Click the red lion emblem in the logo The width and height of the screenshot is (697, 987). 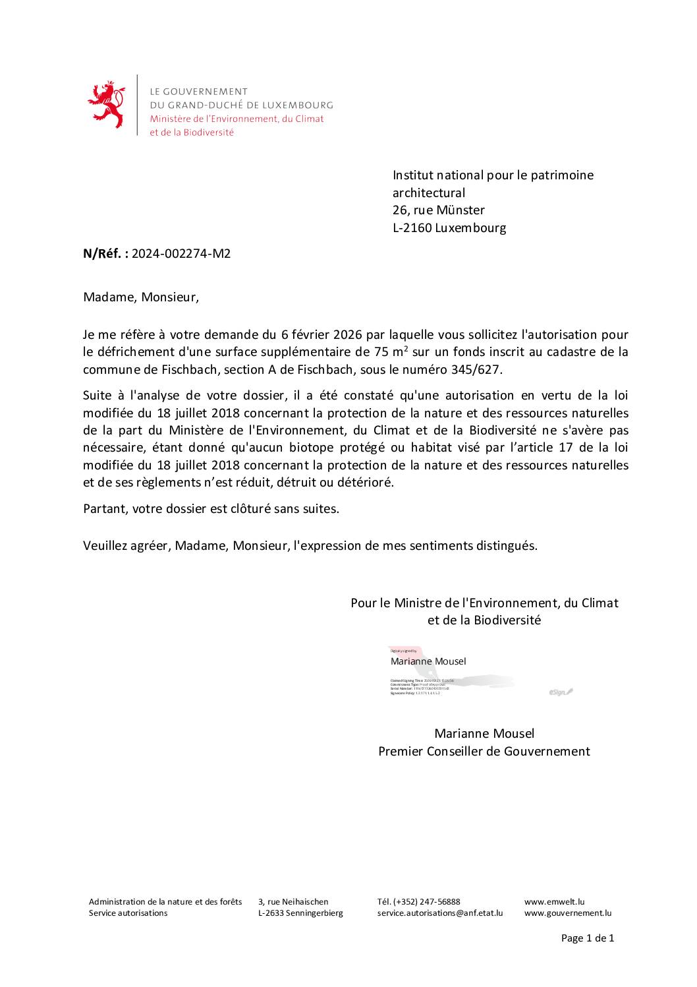[x=106, y=105]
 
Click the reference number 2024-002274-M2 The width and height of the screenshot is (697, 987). [x=181, y=254]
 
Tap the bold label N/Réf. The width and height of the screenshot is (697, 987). [x=105, y=254]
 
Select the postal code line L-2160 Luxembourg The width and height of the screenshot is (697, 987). [x=449, y=228]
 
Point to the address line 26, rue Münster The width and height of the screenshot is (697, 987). [x=438, y=210]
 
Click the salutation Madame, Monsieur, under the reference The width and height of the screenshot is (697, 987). [x=140, y=297]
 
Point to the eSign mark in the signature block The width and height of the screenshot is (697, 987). [x=560, y=692]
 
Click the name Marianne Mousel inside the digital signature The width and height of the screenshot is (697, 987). [x=428, y=661]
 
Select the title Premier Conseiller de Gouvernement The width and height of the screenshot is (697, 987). [x=484, y=752]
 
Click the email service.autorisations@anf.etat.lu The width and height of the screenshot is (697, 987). [x=439, y=913]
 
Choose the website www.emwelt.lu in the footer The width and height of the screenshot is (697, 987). [x=554, y=901]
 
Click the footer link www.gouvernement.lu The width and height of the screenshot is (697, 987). [x=567, y=913]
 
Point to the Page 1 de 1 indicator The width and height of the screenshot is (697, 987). [x=587, y=938]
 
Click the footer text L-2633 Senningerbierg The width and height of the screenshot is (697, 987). [x=300, y=913]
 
